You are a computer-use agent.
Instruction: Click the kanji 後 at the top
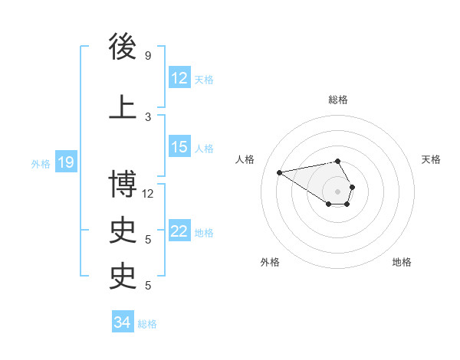pos(123,47)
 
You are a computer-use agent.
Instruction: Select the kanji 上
pos(123,106)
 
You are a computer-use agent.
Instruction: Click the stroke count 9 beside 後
pos(148,56)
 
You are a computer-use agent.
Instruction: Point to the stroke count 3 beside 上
pos(148,116)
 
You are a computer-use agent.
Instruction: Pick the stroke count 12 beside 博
pos(148,193)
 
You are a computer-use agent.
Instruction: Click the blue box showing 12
pos(179,77)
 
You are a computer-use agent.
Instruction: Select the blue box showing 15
pos(179,148)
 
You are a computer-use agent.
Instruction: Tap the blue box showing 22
pos(179,231)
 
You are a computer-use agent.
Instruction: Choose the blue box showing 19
pos(66,162)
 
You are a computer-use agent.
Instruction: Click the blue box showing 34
pos(122,322)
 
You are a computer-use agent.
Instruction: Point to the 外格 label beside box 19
pos(41,163)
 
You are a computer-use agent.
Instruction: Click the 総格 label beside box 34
pos(147,324)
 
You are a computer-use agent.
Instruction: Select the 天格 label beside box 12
pos(204,79)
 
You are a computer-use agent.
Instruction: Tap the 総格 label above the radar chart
pos(338,100)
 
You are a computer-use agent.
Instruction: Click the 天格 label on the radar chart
pos(432,159)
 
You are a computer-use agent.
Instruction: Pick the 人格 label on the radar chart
pos(245,159)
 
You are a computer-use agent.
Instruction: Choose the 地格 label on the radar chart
pos(402,262)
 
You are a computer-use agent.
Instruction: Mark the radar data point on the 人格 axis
pos(279,172)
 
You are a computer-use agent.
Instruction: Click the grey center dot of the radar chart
pos(337,191)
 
